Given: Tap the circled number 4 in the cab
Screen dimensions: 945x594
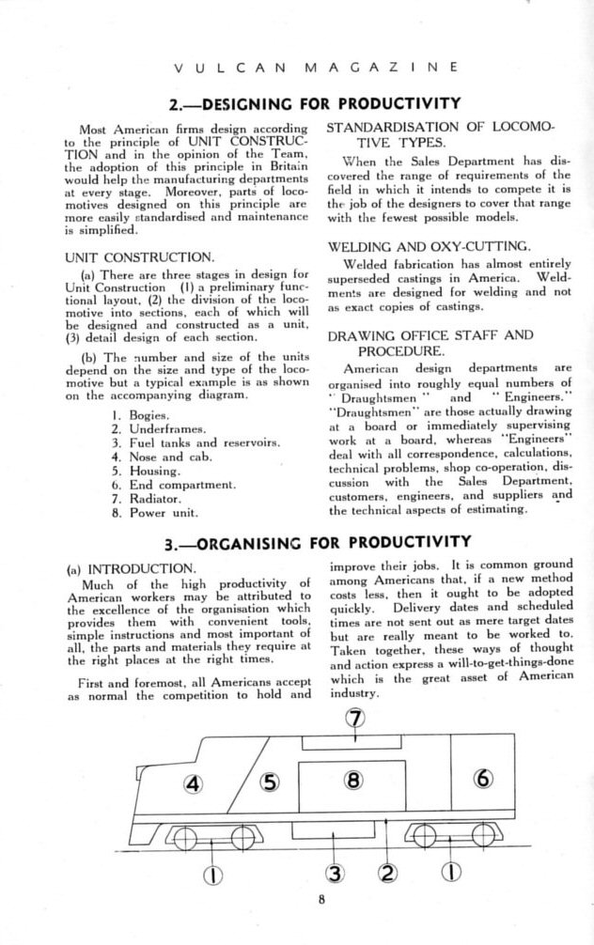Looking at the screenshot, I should coord(194,782).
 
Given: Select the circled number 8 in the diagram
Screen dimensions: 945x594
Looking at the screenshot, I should coord(352,780).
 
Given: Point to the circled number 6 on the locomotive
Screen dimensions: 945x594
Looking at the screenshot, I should coord(483,779).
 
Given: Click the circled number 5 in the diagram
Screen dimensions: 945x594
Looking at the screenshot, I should coord(270,782).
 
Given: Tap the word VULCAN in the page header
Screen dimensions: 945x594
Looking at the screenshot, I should coord(228,69).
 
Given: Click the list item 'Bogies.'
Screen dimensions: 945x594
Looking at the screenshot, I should coord(148,414).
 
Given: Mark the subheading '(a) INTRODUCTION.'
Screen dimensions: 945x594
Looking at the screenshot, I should coord(132,569).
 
